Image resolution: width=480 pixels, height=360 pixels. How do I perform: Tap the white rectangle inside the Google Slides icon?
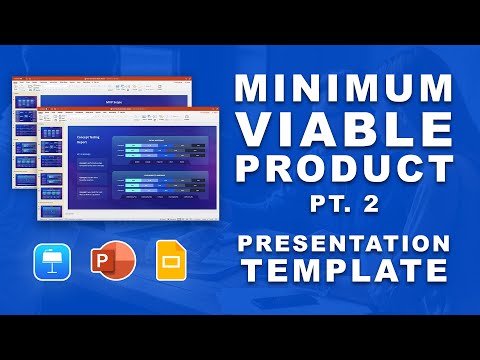point(169,262)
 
